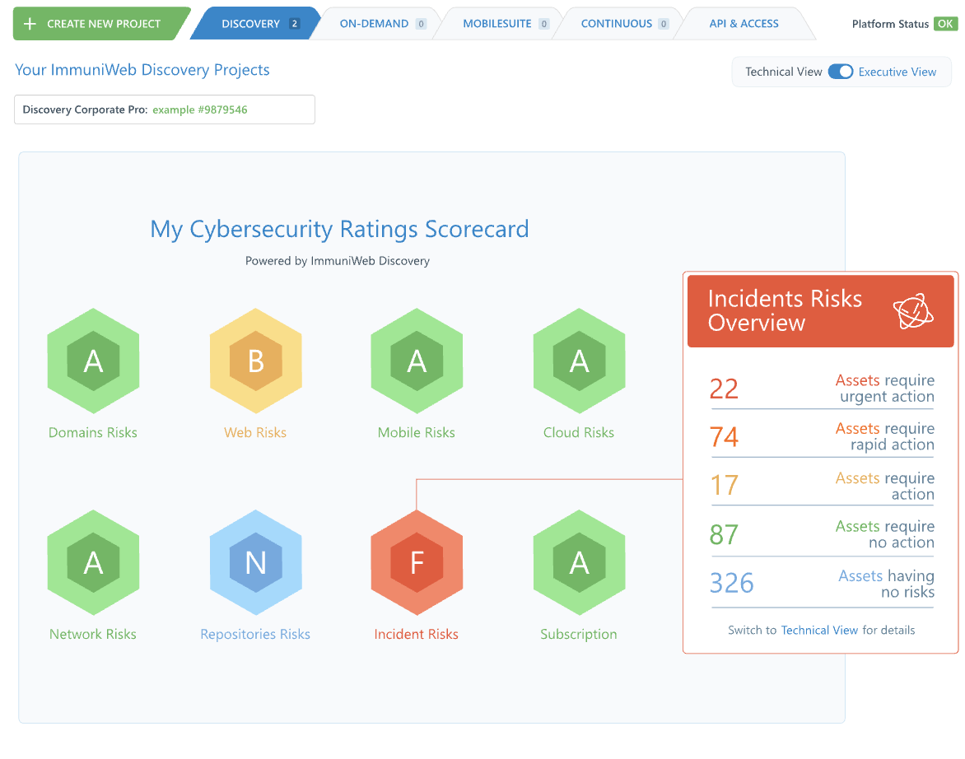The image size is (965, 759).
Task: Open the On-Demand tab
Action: click(x=374, y=24)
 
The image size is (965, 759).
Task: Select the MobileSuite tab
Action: click(x=496, y=24)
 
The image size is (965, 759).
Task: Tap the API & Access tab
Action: click(x=744, y=24)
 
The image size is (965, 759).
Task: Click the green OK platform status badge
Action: click(x=945, y=24)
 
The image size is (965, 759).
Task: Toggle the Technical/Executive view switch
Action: click(x=841, y=72)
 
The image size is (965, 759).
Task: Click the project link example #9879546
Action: click(x=200, y=109)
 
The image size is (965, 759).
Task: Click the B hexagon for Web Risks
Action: click(x=255, y=361)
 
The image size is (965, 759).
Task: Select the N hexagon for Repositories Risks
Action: click(x=255, y=562)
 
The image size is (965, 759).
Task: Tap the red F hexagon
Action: click(x=417, y=562)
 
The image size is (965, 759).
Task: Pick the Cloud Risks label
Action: click(x=579, y=432)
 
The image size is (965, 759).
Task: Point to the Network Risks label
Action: click(x=93, y=634)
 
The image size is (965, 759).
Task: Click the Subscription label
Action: click(x=579, y=634)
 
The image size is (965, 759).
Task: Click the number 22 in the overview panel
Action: click(x=724, y=389)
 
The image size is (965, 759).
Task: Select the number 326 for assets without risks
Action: click(x=731, y=583)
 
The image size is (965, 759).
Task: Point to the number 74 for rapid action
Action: click(x=724, y=436)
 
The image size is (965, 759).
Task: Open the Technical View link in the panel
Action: click(x=819, y=630)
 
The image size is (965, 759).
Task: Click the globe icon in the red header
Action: click(x=913, y=311)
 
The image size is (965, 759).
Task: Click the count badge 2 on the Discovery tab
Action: click(x=294, y=24)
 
